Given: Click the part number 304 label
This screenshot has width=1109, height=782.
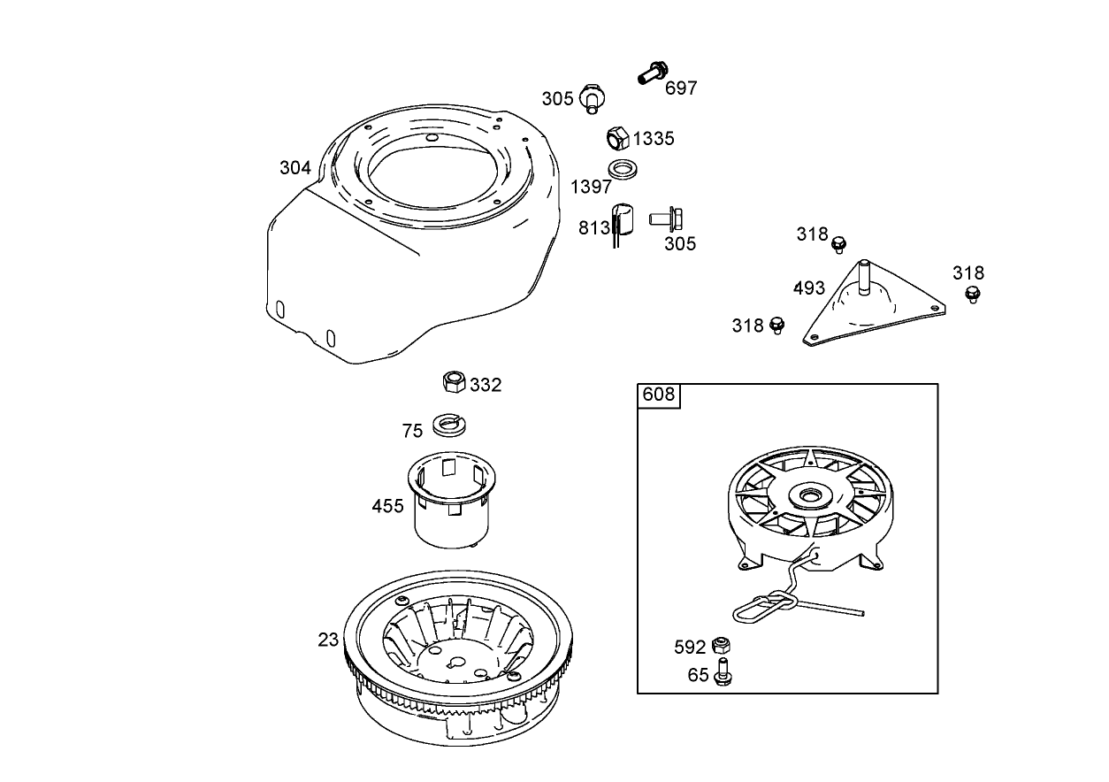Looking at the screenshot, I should [x=295, y=167].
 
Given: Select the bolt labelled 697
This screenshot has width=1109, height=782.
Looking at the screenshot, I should [x=652, y=73].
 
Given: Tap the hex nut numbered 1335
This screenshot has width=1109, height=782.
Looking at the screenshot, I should [x=617, y=139].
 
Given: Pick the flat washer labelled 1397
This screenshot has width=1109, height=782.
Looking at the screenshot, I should [x=623, y=168].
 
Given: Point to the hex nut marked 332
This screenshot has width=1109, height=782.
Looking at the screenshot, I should [x=454, y=382].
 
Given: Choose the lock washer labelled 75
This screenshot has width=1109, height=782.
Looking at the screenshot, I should [x=449, y=425].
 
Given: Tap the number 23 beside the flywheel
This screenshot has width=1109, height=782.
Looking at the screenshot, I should [x=328, y=639].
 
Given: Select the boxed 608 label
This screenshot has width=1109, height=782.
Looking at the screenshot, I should [x=658, y=395].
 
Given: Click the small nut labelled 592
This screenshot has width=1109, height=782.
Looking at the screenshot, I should [x=721, y=645].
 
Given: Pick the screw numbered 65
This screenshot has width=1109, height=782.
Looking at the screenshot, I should [x=723, y=672].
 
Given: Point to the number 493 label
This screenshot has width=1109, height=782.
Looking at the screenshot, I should [x=809, y=287].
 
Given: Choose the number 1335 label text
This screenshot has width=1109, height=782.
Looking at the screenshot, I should [x=654, y=138].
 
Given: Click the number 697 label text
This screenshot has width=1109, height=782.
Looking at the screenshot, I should [x=681, y=88].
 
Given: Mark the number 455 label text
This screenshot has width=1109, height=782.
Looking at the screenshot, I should [x=387, y=506].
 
